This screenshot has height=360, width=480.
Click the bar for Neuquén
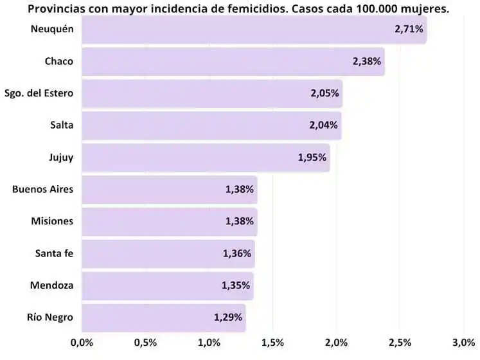pyautogui.click(x=254, y=30)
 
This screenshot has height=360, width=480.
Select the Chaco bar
pyautogui.click(x=233, y=62)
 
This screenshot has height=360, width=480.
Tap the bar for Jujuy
pyautogui.click(x=206, y=157)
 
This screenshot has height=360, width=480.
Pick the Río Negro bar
pyautogui.click(x=163, y=318)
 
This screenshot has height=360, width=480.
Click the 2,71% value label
pyautogui.click(x=409, y=30)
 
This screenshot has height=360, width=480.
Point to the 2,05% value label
pyautogui.click(x=324, y=93)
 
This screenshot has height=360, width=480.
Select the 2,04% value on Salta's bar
pyautogui.click(x=324, y=125)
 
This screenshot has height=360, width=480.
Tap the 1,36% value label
pyautogui.click(x=237, y=253)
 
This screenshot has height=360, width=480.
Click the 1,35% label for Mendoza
pyautogui.click(x=236, y=285)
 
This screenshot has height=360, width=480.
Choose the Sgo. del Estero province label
pyautogui.click(x=39, y=93)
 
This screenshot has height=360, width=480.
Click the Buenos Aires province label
pyautogui.click(x=42, y=189)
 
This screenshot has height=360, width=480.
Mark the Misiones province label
pyautogui.click(x=52, y=221)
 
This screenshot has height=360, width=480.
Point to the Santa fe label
pyautogui.click(x=54, y=253)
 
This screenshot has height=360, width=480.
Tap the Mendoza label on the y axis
pyautogui.click(x=53, y=285)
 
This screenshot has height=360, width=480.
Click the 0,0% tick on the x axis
pyautogui.click(x=82, y=341)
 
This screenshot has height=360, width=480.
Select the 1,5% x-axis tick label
pyautogui.click(x=272, y=341)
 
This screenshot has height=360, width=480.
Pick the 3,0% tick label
pyautogui.click(x=463, y=341)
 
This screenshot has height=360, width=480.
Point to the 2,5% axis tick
pyautogui.click(x=400, y=341)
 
